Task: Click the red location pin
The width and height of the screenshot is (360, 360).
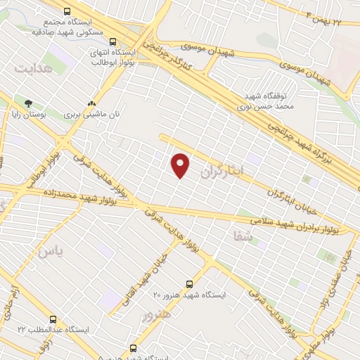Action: pos(181,165)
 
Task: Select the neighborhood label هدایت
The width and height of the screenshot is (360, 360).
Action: pos(33,69)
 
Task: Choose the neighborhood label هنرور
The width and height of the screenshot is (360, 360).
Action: pos(157,314)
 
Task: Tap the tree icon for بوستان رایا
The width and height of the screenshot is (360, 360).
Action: pos(28,103)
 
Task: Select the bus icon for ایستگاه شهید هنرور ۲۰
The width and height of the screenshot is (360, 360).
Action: pos(189,284)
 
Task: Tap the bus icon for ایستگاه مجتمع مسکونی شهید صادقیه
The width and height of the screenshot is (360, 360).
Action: pos(67,11)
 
